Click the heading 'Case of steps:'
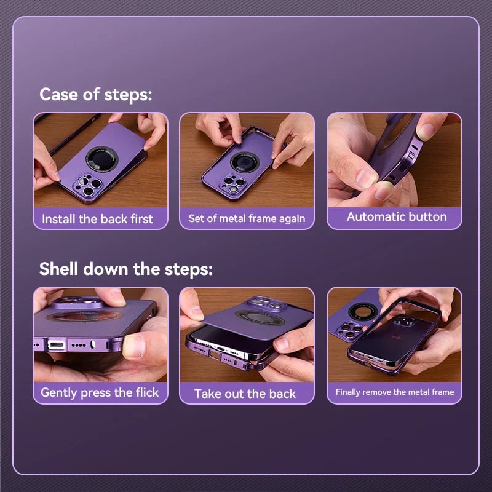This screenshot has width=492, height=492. tap(95, 95)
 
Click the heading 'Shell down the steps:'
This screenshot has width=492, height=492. tap(126, 269)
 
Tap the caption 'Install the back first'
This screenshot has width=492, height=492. tap(97, 218)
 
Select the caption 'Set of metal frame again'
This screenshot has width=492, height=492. tap(247, 218)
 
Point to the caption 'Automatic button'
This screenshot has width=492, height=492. tap(397, 216)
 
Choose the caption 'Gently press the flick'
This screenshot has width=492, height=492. tap(100, 392)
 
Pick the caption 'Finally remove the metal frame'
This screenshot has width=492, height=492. tap(395, 392)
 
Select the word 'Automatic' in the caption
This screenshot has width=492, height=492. tap(376, 216)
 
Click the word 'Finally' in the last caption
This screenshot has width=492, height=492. tap(349, 392)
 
